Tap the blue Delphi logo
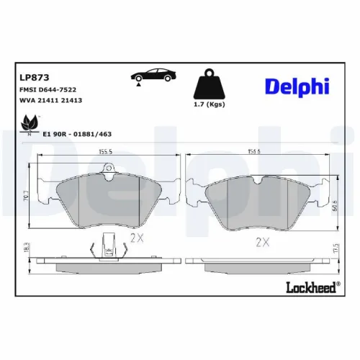pos(297,86)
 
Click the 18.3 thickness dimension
pos(27,248)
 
